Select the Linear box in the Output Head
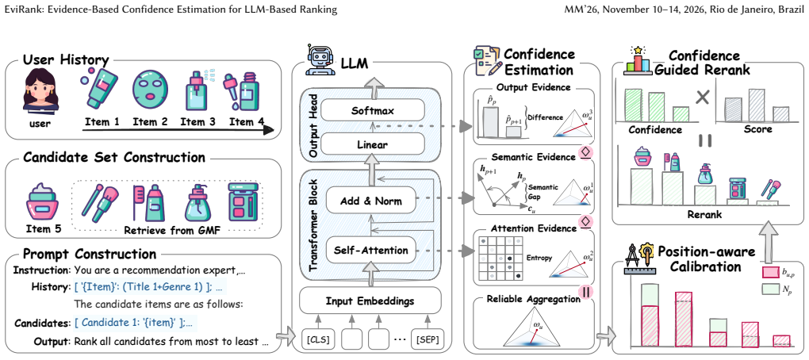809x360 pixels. click(x=372, y=144)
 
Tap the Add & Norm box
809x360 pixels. click(x=370, y=201)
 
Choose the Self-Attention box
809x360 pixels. click(x=370, y=251)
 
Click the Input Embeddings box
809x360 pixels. click(x=370, y=301)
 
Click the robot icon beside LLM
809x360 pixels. click(x=318, y=60)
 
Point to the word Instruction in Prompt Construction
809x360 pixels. click(x=42, y=270)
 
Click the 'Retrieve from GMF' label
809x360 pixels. click(x=172, y=230)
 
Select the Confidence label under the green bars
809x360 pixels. click(x=655, y=129)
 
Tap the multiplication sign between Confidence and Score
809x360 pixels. click(x=702, y=97)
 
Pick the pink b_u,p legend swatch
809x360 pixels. click(x=770, y=272)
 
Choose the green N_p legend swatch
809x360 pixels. click(x=770, y=289)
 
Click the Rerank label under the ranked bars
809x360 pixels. click(x=704, y=214)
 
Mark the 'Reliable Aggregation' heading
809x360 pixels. click(x=534, y=299)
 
